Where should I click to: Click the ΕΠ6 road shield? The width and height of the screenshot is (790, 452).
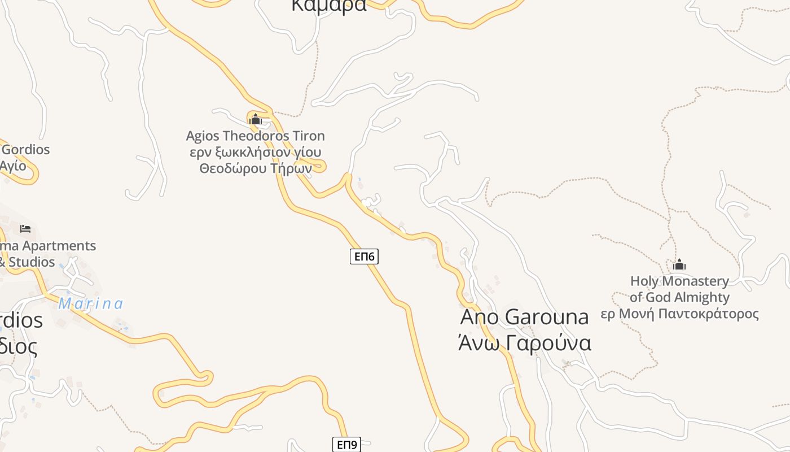[364, 257]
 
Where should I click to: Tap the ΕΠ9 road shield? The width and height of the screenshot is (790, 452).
[346, 445]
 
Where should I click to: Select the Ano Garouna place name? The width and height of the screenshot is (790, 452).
[524, 317]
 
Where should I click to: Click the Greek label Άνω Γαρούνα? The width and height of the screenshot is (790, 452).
[524, 343]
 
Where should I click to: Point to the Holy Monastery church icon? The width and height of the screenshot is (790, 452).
[679, 264]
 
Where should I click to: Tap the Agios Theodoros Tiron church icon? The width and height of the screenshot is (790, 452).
[256, 119]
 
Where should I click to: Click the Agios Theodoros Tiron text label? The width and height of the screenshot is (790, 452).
[256, 136]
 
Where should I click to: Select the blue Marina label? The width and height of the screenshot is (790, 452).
[91, 304]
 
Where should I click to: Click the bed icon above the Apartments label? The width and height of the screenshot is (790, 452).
[25, 229]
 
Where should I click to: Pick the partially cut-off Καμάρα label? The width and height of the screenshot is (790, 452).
[329, 6]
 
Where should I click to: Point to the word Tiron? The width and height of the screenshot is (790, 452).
[309, 136]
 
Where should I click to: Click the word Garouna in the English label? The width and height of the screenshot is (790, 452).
[546, 317]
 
